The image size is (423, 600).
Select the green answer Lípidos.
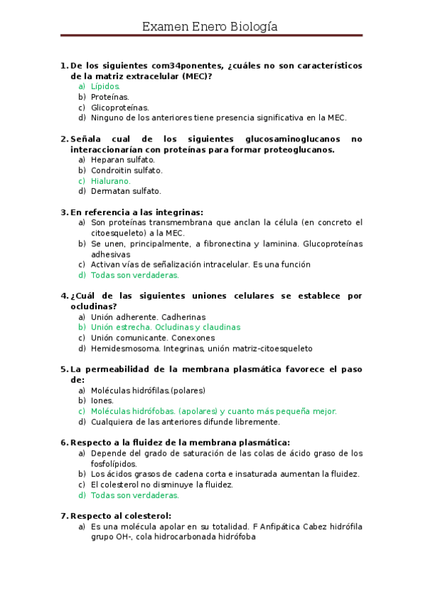(106, 86)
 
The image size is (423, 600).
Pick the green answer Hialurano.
(111, 180)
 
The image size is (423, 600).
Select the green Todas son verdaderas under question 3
(135, 275)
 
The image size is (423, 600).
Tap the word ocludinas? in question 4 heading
(94, 306)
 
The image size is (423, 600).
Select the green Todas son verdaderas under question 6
(135, 495)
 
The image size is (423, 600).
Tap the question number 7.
(64, 516)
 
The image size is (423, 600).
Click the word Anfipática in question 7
(292, 526)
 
